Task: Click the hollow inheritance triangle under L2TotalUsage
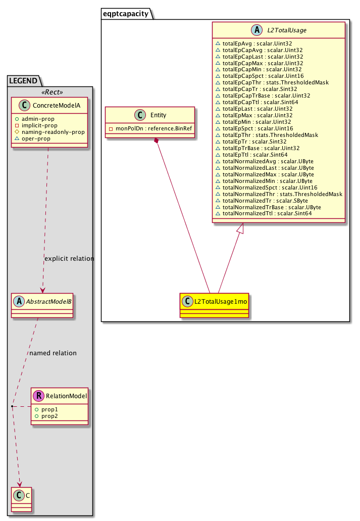tap(241, 228)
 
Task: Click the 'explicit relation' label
tap(69, 258)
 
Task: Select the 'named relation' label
tap(53, 353)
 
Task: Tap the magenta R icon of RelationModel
tap(39, 396)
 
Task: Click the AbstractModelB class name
tap(48, 302)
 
